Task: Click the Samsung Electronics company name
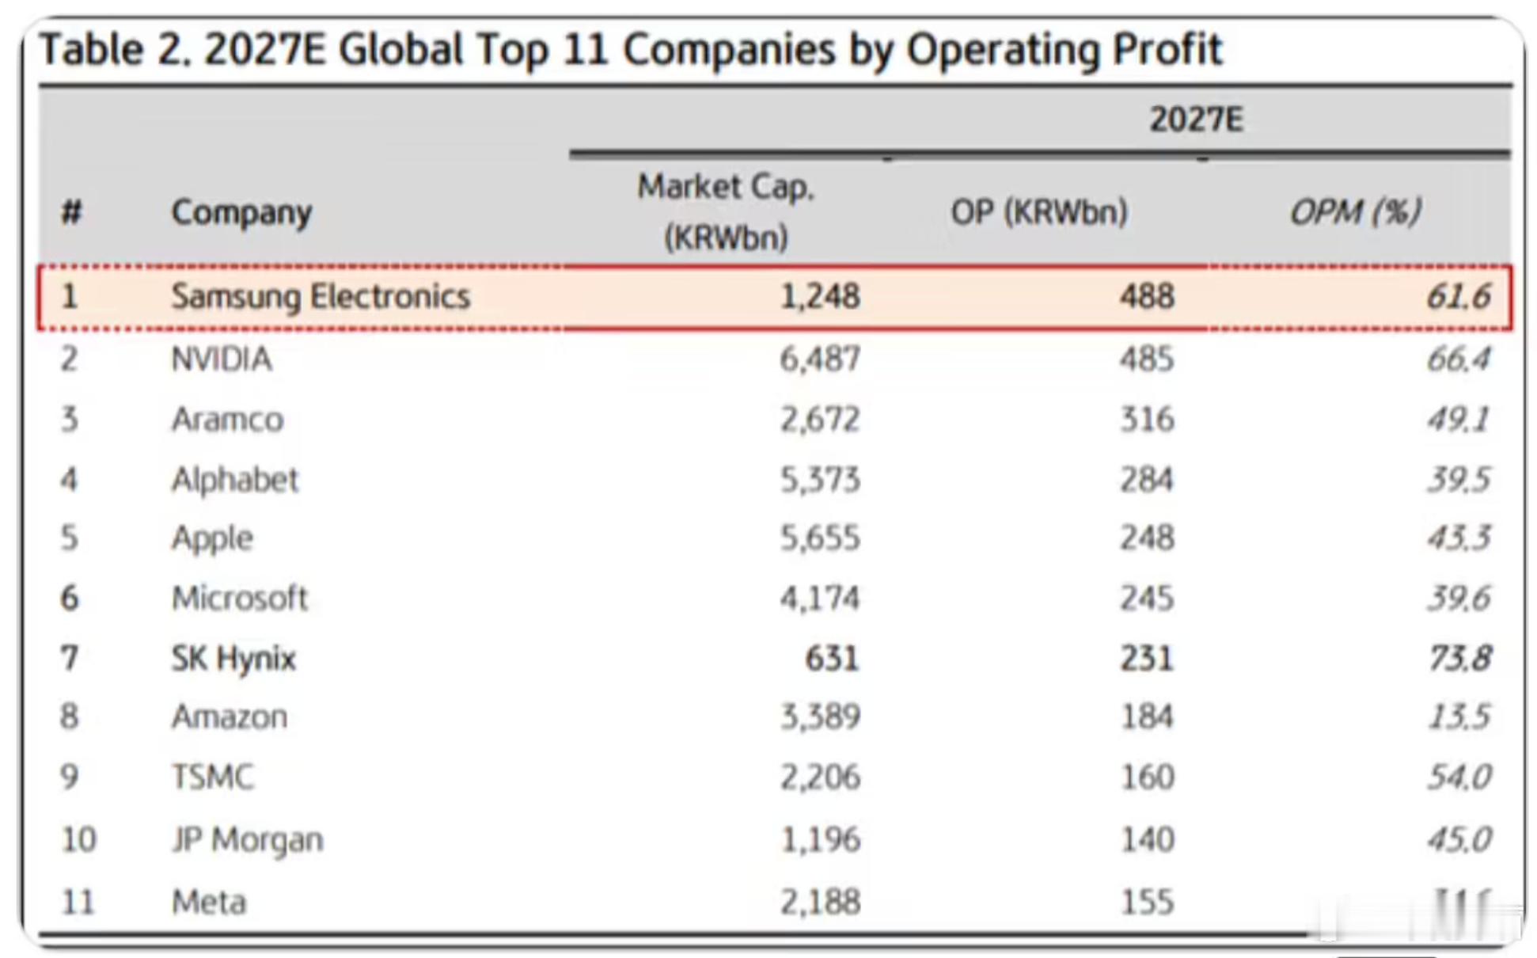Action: point(321,297)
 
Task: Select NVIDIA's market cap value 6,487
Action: point(819,359)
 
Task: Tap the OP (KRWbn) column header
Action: point(1038,212)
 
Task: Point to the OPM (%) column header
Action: point(1355,212)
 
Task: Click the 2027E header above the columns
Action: point(1196,120)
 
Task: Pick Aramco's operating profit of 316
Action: point(1147,420)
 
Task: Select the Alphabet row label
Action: point(235,480)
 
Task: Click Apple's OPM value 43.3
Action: point(1459,538)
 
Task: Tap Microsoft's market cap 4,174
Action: point(819,599)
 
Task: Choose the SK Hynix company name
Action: point(233,659)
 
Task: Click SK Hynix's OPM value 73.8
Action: point(1459,659)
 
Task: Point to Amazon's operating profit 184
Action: point(1147,717)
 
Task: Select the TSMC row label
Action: point(213,777)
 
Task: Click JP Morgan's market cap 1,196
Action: point(819,839)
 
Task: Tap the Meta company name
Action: point(209,903)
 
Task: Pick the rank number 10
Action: point(78,839)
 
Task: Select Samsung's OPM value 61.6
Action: point(1458,297)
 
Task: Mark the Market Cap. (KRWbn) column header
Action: point(726,212)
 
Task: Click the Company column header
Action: point(241,212)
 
